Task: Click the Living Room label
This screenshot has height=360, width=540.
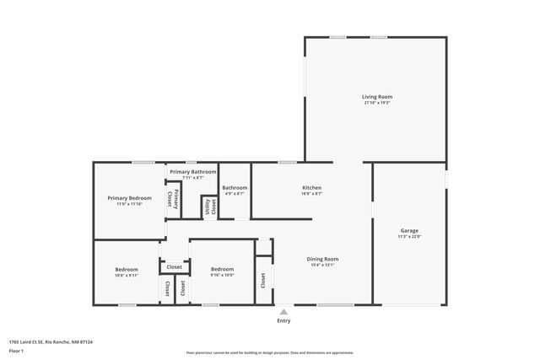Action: (377, 97)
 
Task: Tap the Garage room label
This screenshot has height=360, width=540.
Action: (409, 230)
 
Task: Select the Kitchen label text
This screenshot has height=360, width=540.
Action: (312, 187)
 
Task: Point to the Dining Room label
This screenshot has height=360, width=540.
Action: (322, 259)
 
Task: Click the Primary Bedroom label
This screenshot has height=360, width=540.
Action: (129, 197)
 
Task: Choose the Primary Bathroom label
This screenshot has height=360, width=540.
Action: (192, 172)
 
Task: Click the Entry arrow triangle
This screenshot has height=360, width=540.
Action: (283, 311)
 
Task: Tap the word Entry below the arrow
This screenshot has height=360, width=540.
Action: (283, 320)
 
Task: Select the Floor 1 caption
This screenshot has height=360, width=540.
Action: (16, 350)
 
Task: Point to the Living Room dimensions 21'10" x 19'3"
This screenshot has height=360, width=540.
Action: (377, 103)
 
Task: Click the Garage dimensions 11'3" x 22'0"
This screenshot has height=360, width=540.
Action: (409, 236)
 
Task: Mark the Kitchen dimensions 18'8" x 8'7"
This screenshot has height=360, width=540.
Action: (312, 193)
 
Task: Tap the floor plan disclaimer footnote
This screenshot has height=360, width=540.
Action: (270, 352)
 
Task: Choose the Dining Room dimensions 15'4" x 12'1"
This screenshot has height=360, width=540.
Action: (322, 265)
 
